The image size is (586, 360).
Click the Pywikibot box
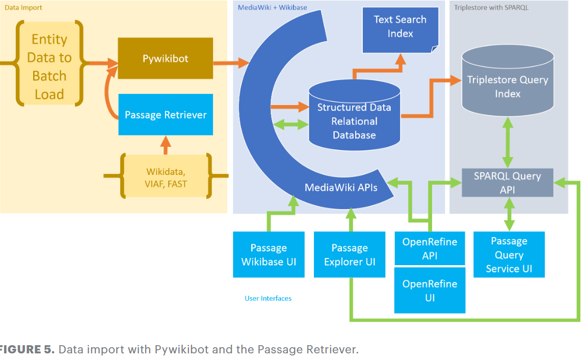click(x=165, y=58)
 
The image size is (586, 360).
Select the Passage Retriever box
click(x=165, y=115)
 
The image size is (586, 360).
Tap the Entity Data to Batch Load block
click(x=49, y=67)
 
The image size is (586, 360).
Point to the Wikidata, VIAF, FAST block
click(x=166, y=176)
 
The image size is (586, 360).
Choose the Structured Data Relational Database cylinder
click(x=354, y=121)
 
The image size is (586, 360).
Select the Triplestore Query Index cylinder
click(x=508, y=87)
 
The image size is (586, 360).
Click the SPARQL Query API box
click(x=507, y=183)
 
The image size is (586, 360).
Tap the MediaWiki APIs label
click(x=341, y=188)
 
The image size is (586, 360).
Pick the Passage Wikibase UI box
click(x=269, y=255)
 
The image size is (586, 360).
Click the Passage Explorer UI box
click(x=350, y=255)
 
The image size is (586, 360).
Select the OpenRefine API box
click(x=430, y=248)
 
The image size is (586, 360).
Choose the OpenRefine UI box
click(x=430, y=290)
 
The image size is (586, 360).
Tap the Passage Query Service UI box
click(x=509, y=255)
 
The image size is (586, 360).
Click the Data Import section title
click(x=23, y=8)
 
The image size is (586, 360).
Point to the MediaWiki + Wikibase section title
click(x=273, y=8)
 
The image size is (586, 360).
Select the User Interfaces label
click(x=268, y=298)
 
